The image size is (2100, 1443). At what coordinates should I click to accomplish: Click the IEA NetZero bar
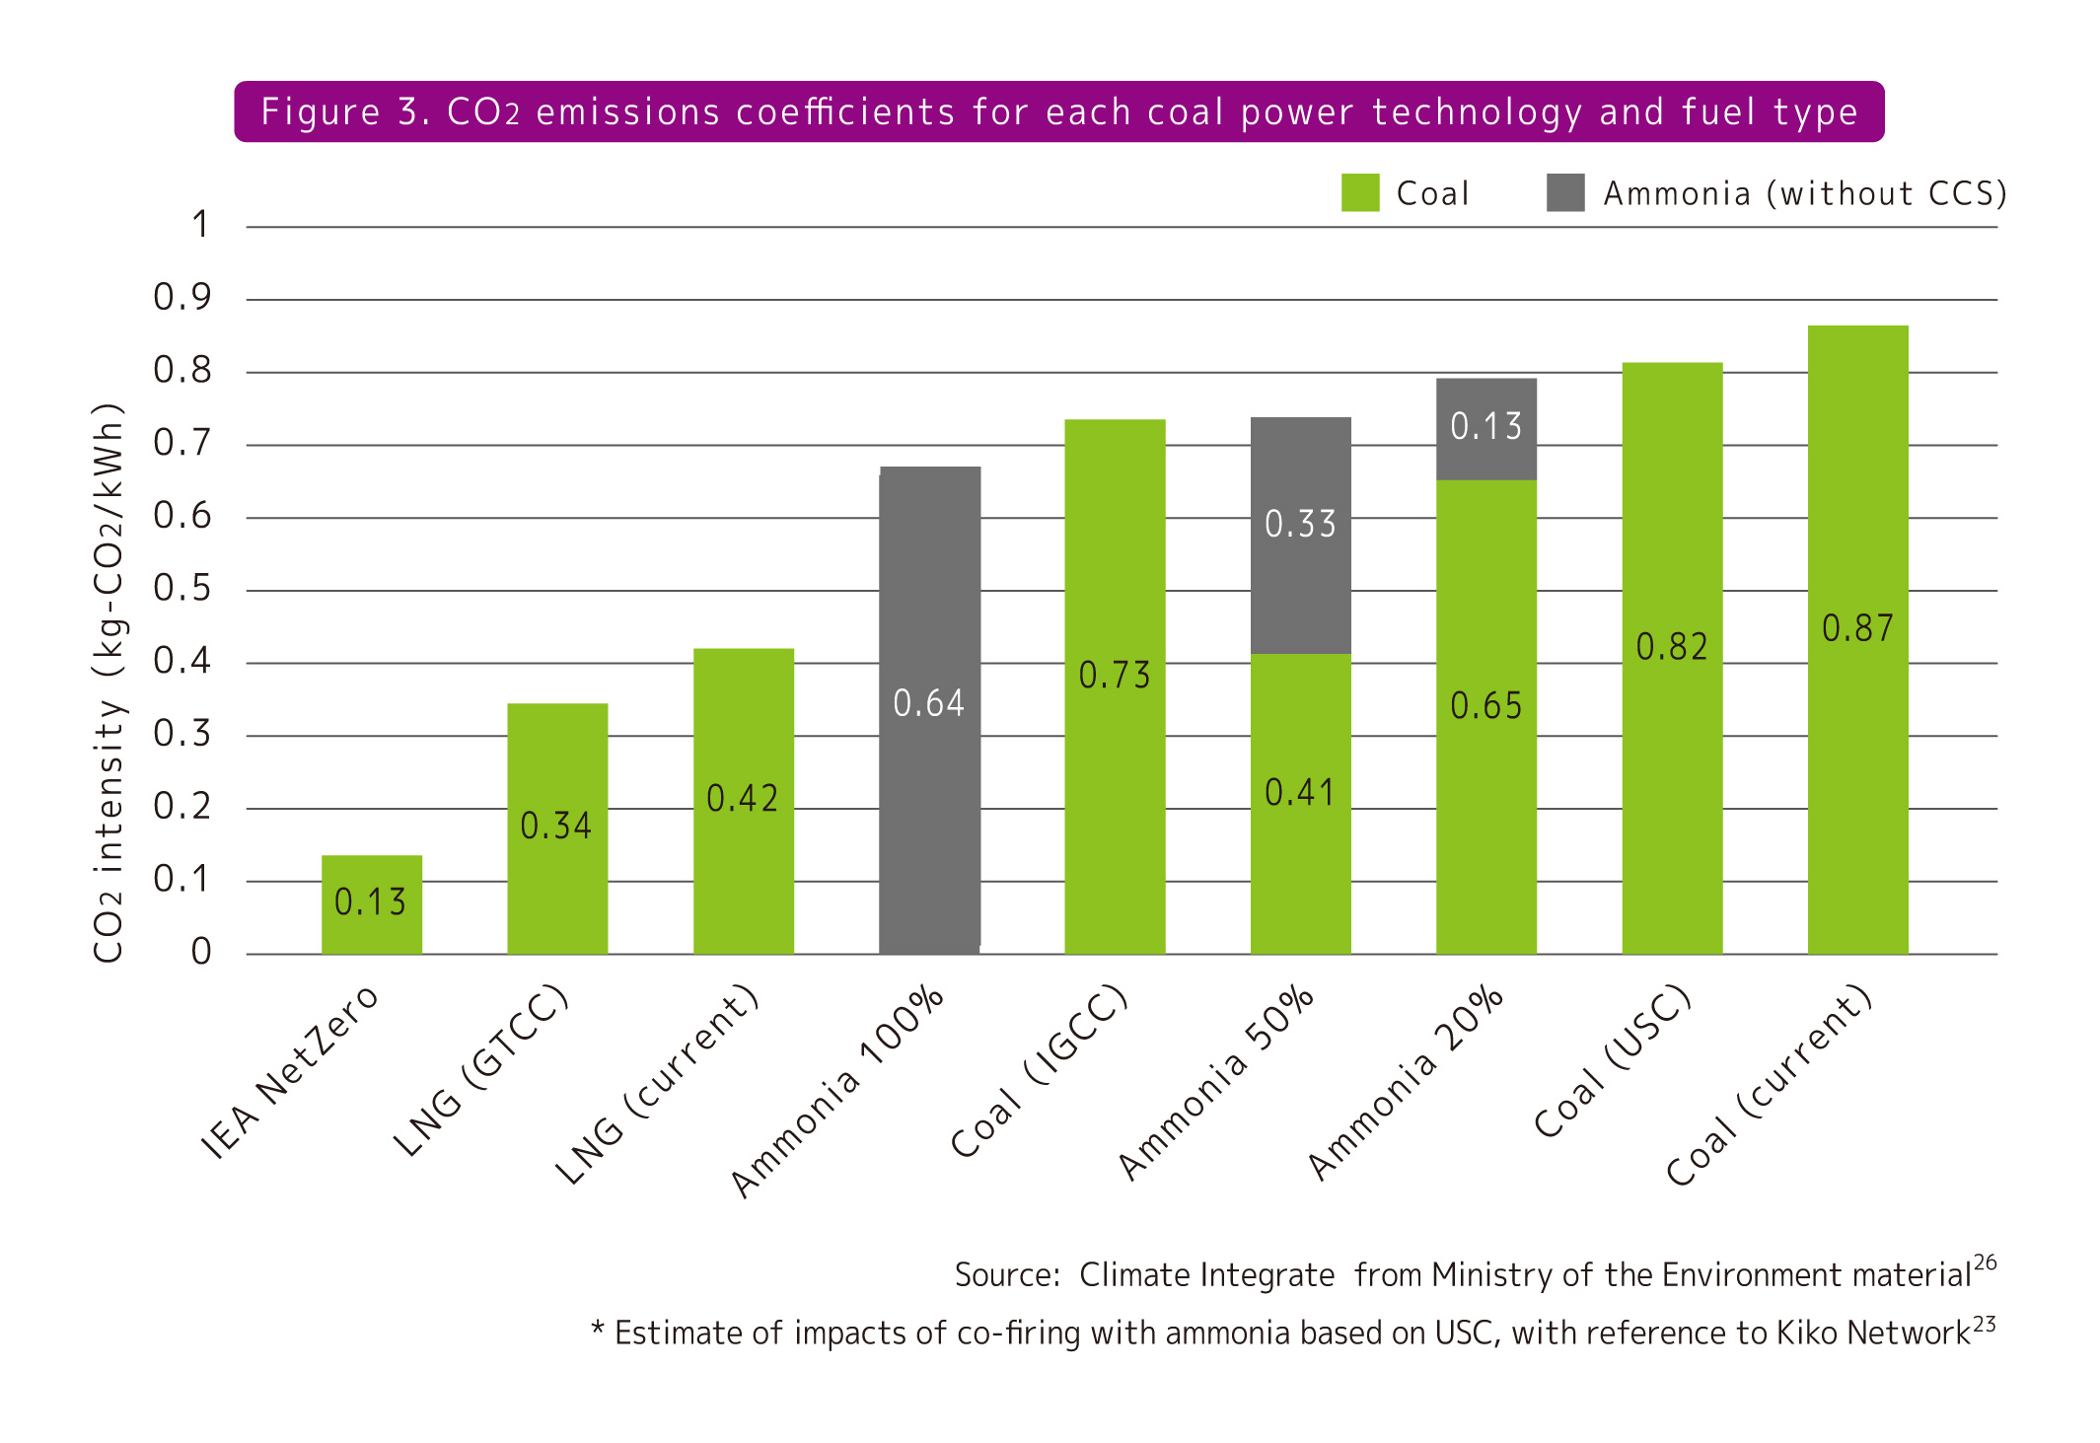coord(371,903)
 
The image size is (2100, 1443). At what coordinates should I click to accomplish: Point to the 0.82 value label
coord(1671,647)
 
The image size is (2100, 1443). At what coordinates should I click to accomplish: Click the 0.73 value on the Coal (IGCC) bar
coord(1115,676)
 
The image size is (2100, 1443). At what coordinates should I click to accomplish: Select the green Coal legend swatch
coord(1359,193)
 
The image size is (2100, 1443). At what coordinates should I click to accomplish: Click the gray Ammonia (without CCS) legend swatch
coord(1565,193)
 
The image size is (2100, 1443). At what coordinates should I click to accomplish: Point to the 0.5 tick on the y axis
coord(182,589)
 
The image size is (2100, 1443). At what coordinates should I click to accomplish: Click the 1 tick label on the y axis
coord(200,225)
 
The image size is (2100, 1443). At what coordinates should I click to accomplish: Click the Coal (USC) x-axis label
coord(1613,1060)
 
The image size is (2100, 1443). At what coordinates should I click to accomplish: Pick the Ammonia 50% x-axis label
coord(1216,1081)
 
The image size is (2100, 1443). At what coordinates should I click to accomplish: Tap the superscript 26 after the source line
coord(1985,1263)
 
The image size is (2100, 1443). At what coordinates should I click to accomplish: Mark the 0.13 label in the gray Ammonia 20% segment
coord(1485,426)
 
